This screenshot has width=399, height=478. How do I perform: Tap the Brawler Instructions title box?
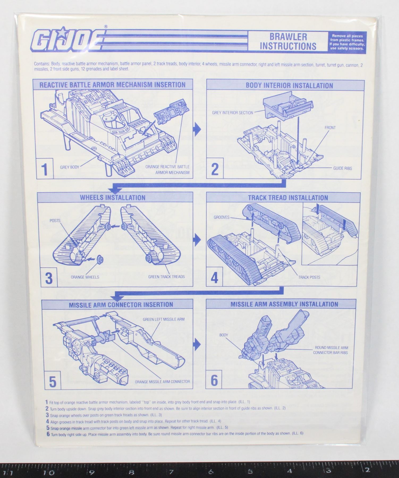coord(288,41)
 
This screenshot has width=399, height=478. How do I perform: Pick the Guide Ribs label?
coord(342,168)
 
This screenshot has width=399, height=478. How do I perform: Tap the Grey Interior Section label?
coord(232,113)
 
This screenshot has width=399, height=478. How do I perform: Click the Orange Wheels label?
coord(85,277)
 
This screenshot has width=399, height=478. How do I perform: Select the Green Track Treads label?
coord(166,276)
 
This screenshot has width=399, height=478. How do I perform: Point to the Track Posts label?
coord(309,277)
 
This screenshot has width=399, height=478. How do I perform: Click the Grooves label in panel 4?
coord(221,217)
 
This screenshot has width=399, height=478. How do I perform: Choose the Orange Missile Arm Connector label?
coord(162,382)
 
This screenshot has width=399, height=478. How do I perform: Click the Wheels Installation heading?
coord(113,198)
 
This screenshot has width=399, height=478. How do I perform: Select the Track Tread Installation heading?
coord(288,198)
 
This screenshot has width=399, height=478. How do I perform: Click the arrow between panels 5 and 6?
coord(197,344)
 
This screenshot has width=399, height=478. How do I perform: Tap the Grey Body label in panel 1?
coord(70,167)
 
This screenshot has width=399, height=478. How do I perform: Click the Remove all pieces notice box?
coord(347,42)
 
